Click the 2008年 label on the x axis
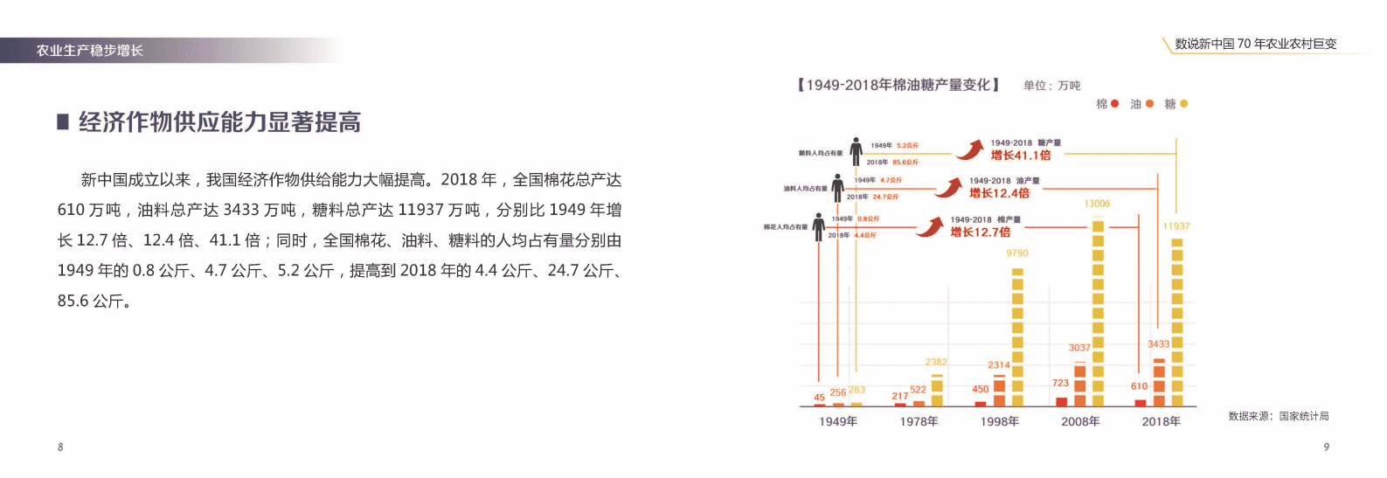(1080, 422)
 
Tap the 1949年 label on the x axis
(838, 422)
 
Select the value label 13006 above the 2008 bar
(1097, 204)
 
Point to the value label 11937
(1176, 226)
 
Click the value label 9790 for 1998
(1017, 253)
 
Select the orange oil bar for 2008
(1080, 384)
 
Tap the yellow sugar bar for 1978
(937, 391)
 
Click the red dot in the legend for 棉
(1114, 104)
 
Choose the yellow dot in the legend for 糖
(1184, 104)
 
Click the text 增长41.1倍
(1021, 156)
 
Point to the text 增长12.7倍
(981, 232)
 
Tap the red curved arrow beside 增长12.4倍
(948, 187)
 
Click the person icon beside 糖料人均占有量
(856, 151)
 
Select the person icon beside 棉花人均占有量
(818, 226)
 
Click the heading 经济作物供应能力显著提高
(219, 122)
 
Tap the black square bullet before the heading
(63, 122)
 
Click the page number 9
(1326, 447)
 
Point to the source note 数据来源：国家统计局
(1279, 417)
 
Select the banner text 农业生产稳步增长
(90, 51)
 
